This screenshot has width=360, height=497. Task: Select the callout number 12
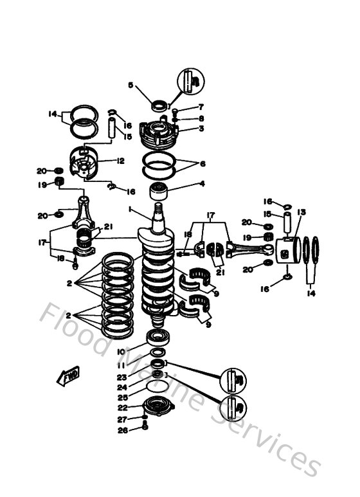tap(120, 161)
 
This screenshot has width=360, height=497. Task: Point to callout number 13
tap(301, 212)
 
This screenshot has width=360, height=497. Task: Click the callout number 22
tap(122, 408)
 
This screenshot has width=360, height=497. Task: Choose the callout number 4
tap(202, 183)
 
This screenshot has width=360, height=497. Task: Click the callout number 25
tap(122, 397)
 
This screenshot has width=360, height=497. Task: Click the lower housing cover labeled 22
tap(156, 406)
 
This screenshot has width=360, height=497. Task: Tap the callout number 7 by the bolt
tap(201, 107)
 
